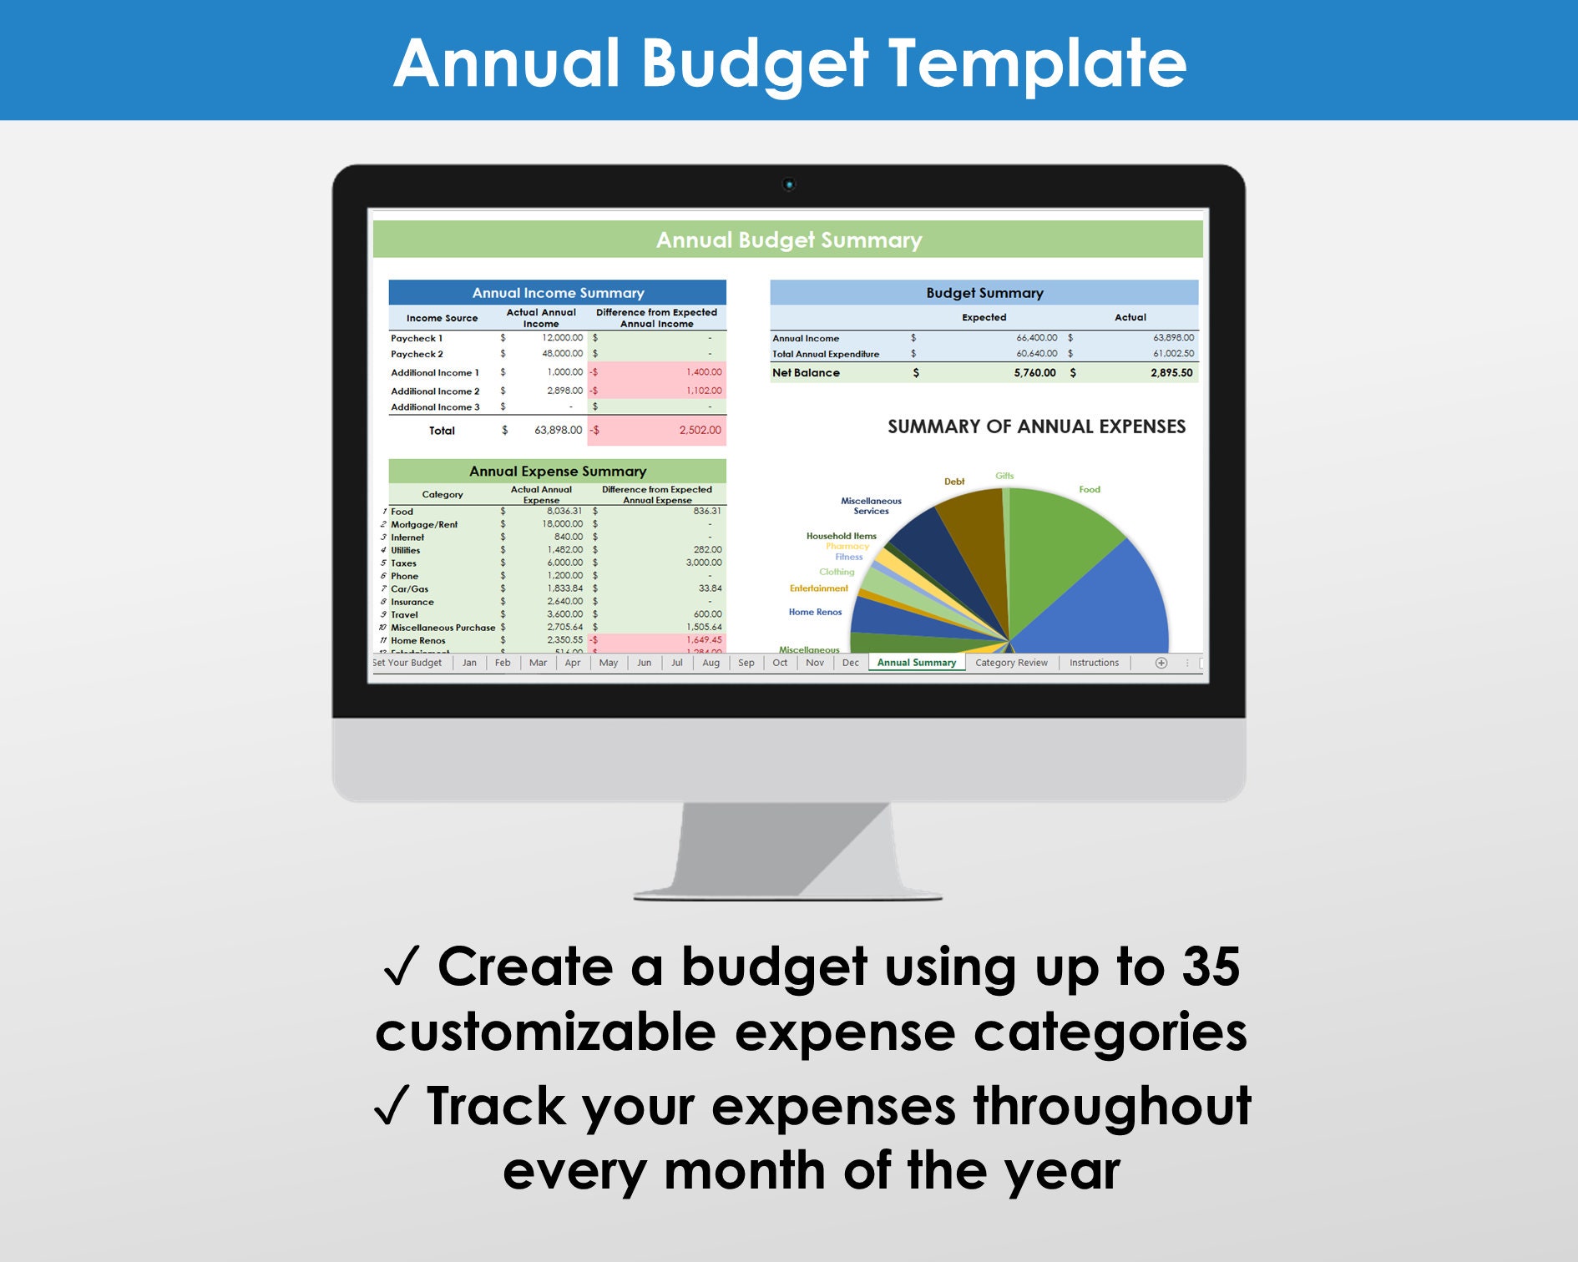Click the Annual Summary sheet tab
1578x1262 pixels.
pyautogui.click(x=916, y=663)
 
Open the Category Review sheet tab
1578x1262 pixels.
pyautogui.click(x=1011, y=663)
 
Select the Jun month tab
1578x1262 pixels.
pyautogui.click(x=644, y=663)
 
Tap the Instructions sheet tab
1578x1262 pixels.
pyautogui.click(x=1094, y=663)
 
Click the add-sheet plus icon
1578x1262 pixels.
pyautogui.click(x=1161, y=663)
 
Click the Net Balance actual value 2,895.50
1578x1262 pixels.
pyautogui.click(x=1171, y=373)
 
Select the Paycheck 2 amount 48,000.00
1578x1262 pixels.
pyautogui.click(x=562, y=354)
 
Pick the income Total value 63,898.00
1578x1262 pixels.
pyautogui.click(x=558, y=431)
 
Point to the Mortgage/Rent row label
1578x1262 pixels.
pyautogui.click(x=424, y=525)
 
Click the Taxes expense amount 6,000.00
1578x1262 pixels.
pyautogui.click(x=564, y=563)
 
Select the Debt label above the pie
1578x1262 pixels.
pyautogui.click(x=953, y=482)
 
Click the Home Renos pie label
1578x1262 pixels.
pyautogui.click(x=815, y=613)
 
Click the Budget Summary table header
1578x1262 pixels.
pyautogui.click(x=984, y=293)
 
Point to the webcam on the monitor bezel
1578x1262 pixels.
pyautogui.click(x=788, y=184)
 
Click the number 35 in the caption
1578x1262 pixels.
pyautogui.click(x=1210, y=967)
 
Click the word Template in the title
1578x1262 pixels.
pyautogui.click(x=1036, y=63)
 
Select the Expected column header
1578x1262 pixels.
pyautogui.click(x=984, y=317)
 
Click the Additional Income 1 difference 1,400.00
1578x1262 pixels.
pyautogui.click(x=703, y=372)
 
